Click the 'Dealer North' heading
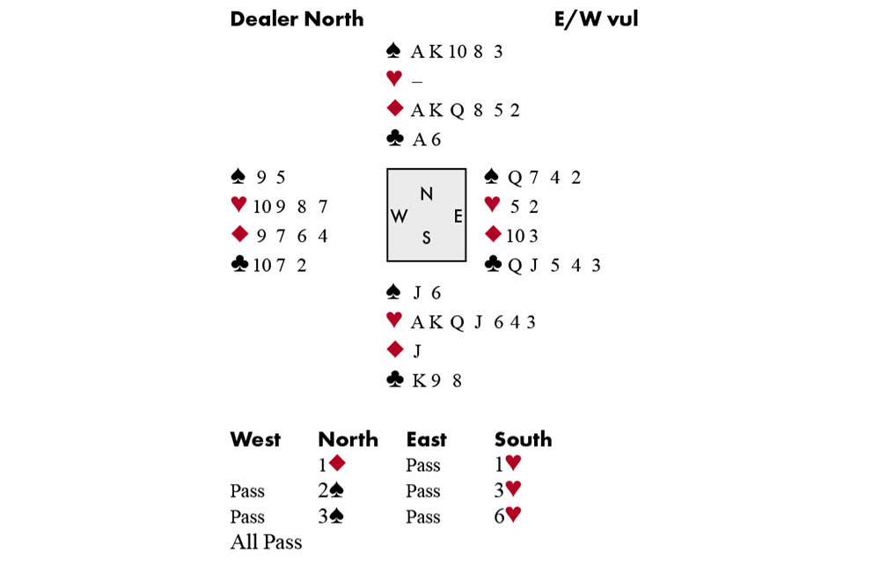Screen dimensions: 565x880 point(297,18)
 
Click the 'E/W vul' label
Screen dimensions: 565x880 point(596,18)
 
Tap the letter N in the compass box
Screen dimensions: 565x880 point(426,194)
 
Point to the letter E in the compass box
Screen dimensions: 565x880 point(458,216)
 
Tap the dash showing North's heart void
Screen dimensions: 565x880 point(416,81)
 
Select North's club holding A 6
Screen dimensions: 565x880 point(427,139)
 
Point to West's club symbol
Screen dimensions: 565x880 point(238,264)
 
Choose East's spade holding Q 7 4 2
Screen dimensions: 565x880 point(545,178)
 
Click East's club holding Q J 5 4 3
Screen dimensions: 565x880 point(554,265)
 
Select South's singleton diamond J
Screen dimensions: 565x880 point(417,351)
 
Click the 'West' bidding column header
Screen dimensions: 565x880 point(255,439)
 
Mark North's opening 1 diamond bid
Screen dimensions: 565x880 point(332,465)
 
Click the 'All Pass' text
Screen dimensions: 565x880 point(266,542)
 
